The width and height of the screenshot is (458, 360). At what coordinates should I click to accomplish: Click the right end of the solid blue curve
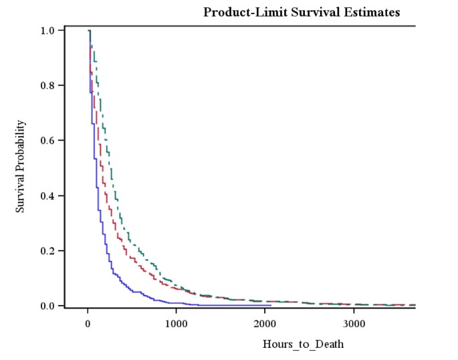click(271, 305)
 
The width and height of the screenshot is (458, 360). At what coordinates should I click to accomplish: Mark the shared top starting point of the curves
click(88, 31)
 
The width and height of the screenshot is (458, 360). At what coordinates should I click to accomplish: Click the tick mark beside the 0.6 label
click(64, 141)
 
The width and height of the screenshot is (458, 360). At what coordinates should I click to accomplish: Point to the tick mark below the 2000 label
click(265, 311)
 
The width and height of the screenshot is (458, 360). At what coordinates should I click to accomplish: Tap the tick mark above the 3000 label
click(354, 311)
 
